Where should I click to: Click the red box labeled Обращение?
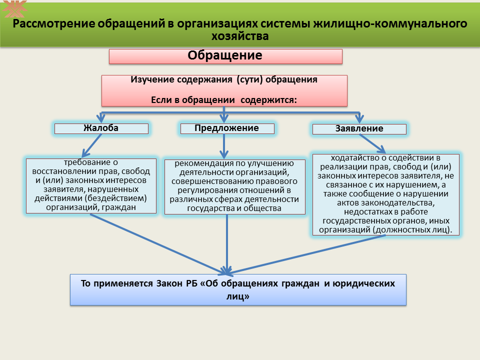coord(225,56)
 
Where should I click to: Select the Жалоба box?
coord(101,128)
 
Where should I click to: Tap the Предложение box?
coord(227,128)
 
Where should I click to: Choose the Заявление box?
coord(359,129)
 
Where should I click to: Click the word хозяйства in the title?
coord(240,36)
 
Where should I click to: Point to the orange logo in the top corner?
coord(14,8)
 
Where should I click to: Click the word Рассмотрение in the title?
coord(54,23)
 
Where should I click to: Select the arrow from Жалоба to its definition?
coord(91,145)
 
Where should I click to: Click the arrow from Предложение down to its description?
coord(224,146)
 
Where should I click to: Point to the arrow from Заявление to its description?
coord(372,143)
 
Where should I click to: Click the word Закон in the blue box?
coord(169,283)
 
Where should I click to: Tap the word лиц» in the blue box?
coord(238,296)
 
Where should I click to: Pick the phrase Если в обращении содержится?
coord(224,100)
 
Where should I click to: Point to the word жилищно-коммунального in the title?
coord(390,23)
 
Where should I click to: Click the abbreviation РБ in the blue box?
coord(191,283)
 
